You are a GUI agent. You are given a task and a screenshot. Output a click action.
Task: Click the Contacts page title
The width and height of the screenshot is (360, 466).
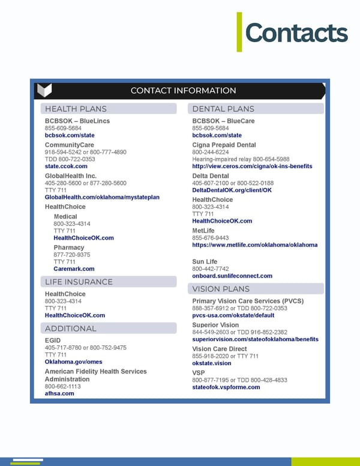(296, 33)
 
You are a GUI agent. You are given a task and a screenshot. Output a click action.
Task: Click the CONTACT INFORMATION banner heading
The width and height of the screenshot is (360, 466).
(183, 91)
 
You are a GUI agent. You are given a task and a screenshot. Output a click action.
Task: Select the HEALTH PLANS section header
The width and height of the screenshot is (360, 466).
(76, 109)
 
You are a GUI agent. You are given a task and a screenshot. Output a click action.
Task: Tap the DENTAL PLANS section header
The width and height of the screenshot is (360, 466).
(223, 109)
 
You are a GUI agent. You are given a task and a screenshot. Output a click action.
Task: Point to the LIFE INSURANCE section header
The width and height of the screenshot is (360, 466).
(79, 282)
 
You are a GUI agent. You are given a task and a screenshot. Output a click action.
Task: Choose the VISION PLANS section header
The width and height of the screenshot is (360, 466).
(221, 289)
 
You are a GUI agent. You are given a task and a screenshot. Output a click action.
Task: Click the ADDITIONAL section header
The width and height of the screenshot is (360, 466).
(70, 328)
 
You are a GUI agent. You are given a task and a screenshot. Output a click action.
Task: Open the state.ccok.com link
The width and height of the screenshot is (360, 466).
(66, 166)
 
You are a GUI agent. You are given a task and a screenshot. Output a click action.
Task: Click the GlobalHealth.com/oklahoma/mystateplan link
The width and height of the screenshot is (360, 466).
(102, 197)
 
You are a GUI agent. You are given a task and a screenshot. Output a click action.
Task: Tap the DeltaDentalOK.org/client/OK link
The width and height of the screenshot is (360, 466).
(232, 190)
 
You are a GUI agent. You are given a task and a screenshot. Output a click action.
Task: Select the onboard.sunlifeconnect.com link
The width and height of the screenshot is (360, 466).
(232, 276)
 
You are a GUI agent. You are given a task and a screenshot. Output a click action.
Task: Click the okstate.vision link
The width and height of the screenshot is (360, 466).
(211, 363)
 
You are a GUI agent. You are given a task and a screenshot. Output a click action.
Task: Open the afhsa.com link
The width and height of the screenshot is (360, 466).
(59, 393)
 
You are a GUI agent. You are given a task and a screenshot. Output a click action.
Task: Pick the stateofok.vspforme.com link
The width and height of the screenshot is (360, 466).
(226, 387)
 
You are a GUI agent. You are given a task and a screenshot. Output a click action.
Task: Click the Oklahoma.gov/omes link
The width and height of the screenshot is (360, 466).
(74, 362)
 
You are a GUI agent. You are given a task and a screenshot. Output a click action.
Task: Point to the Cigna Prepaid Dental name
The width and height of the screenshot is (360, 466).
(224, 145)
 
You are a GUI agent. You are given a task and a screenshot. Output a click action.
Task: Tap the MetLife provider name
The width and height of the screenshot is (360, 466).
(203, 231)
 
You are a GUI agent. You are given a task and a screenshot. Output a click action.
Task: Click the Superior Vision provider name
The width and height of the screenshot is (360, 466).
(215, 325)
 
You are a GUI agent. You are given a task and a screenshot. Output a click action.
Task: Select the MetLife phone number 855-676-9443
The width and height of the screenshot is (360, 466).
(210, 238)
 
